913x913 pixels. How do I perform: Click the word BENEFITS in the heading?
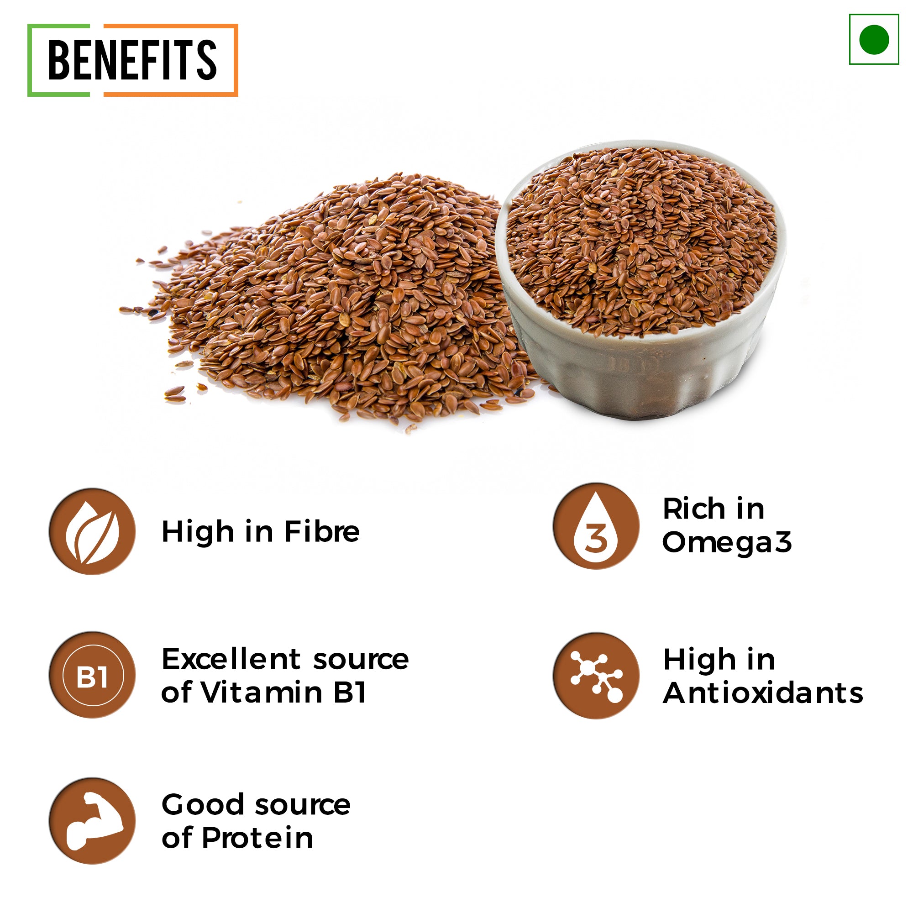point(132,59)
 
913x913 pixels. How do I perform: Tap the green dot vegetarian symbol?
point(874,39)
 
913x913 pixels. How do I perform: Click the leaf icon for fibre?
point(92,532)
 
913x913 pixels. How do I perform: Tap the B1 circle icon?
point(92,675)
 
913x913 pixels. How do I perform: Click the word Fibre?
point(322,532)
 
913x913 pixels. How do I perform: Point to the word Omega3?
point(727,542)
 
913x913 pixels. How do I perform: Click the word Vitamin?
point(263,693)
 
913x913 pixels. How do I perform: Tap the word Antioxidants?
point(763,693)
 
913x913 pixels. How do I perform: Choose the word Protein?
point(257,838)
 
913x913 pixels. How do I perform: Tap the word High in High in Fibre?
point(198,533)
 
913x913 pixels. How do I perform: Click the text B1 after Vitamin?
point(350,693)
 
